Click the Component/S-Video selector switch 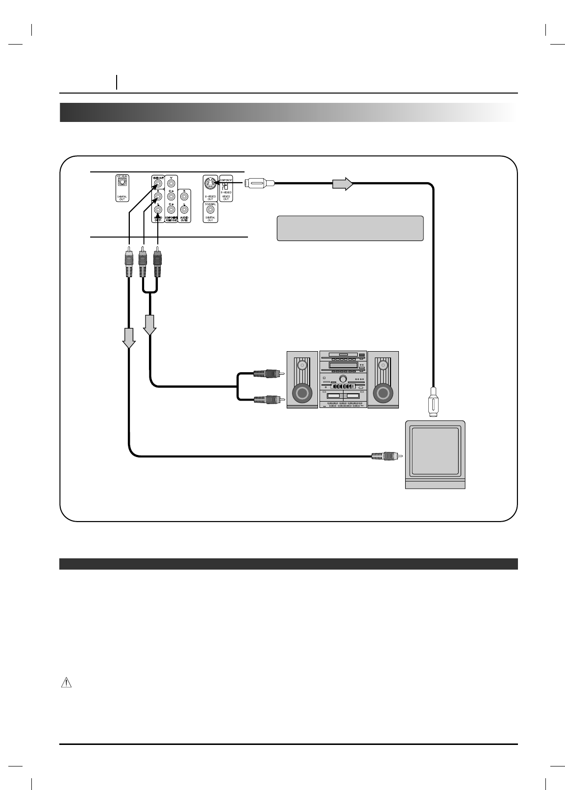tap(226, 186)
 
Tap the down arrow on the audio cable tap(149, 325)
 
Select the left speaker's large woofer tap(302, 393)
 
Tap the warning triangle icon tap(66, 683)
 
